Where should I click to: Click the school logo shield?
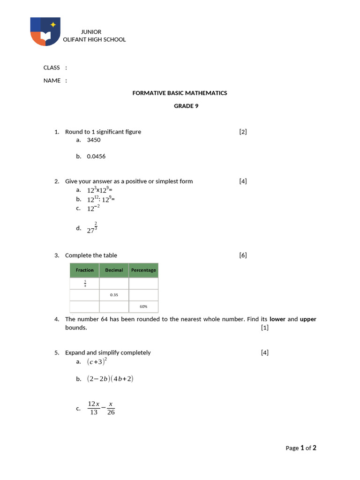[x=45, y=31]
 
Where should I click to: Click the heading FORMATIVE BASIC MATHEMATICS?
[x=180, y=93]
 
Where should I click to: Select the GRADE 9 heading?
[x=186, y=106]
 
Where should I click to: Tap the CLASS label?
[x=52, y=67]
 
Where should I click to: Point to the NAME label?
[x=52, y=81]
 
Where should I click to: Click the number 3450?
[x=94, y=140]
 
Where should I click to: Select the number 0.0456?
[x=96, y=157]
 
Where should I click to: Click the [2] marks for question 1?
[x=243, y=132]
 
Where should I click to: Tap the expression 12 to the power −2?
[x=93, y=209]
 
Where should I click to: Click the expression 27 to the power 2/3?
[x=92, y=228]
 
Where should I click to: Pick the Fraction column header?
[x=85, y=270]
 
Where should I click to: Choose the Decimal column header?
[x=114, y=270]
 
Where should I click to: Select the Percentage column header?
[x=143, y=270]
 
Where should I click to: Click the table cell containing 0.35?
[x=114, y=295]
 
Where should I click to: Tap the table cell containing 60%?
[x=143, y=307]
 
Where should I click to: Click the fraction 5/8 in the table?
[x=85, y=284]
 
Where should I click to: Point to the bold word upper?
[x=308, y=319]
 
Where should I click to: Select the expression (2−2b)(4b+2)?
[x=110, y=379]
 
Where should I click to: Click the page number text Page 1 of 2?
[x=301, y=448]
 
